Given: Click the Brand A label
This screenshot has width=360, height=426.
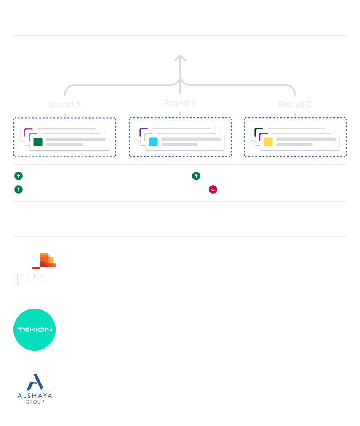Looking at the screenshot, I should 64,104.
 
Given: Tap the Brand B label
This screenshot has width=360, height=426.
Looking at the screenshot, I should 180,103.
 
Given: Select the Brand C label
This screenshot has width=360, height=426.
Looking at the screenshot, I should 295,104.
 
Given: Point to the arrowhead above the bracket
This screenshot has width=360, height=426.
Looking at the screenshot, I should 180,59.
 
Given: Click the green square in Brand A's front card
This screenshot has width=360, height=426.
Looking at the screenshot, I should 38,142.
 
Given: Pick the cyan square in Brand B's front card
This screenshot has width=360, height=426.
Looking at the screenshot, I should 153,142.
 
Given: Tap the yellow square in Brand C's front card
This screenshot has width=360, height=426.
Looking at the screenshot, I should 268,142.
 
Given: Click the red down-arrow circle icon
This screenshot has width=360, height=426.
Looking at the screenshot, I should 213,189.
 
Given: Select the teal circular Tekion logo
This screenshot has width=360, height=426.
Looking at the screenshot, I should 35,330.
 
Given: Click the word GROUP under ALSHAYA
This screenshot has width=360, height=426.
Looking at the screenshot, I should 35,402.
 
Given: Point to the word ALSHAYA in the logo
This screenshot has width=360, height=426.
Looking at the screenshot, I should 35,395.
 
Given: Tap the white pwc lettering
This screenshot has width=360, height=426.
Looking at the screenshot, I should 29,278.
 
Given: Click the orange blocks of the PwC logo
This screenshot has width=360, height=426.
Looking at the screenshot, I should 46,261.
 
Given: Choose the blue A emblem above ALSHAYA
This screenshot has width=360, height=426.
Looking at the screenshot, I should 35,382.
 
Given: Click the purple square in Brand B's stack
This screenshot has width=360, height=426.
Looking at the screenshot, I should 142,130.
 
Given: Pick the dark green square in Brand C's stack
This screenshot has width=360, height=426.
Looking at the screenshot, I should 257,130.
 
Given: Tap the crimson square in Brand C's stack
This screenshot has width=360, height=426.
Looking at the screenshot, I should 262,135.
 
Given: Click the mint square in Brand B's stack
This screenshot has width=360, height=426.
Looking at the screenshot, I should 147,135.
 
